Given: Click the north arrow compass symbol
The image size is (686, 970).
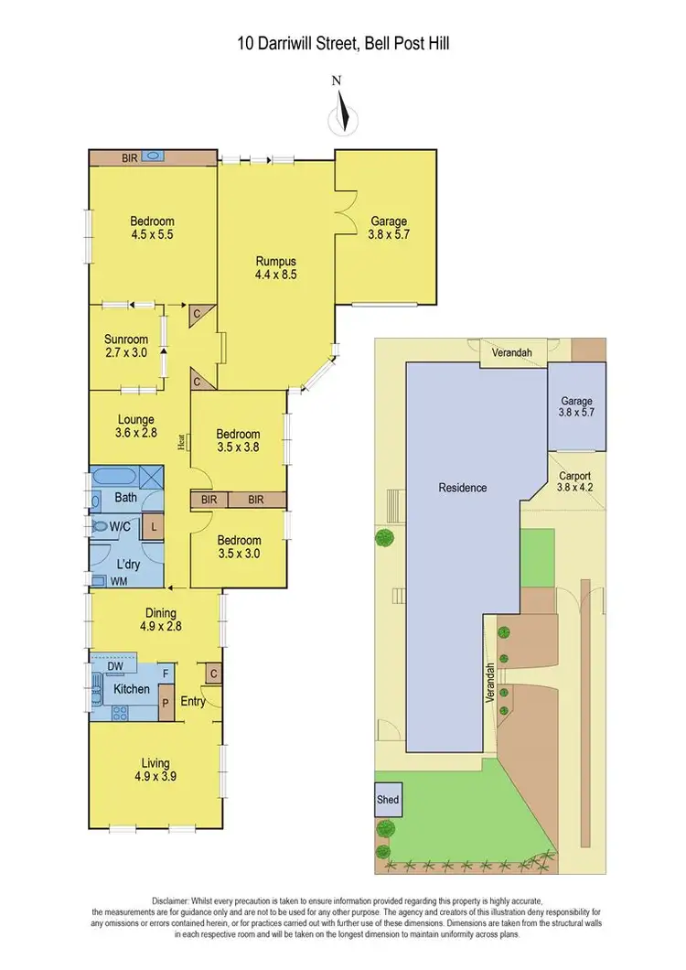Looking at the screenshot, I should pos(342,113).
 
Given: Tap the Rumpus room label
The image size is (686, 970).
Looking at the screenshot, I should pos(276,266).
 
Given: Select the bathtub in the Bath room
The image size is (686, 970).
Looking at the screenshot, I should pos(113,479).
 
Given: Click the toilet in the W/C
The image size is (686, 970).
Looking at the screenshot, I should pos(100,527).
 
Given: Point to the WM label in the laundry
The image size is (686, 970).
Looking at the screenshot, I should pos(119,581).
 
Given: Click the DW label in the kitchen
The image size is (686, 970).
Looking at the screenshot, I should pos(116,666).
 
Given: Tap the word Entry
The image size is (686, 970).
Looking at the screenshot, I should pos(193,701).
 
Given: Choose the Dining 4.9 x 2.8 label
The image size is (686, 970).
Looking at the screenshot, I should pos(155,620).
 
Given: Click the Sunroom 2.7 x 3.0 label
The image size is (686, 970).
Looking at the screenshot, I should pos(125,346).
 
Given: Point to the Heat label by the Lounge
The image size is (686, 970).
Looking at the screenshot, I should pos(183,441).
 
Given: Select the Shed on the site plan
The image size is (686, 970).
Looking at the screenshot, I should pos(388,799).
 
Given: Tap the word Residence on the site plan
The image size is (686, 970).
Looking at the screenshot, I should pos(462,488).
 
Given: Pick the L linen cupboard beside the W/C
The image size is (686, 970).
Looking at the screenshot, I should pos(154,527).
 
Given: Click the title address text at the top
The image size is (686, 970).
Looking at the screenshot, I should pos(342,43).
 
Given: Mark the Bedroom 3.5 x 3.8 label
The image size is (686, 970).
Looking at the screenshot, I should pos(238,441).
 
